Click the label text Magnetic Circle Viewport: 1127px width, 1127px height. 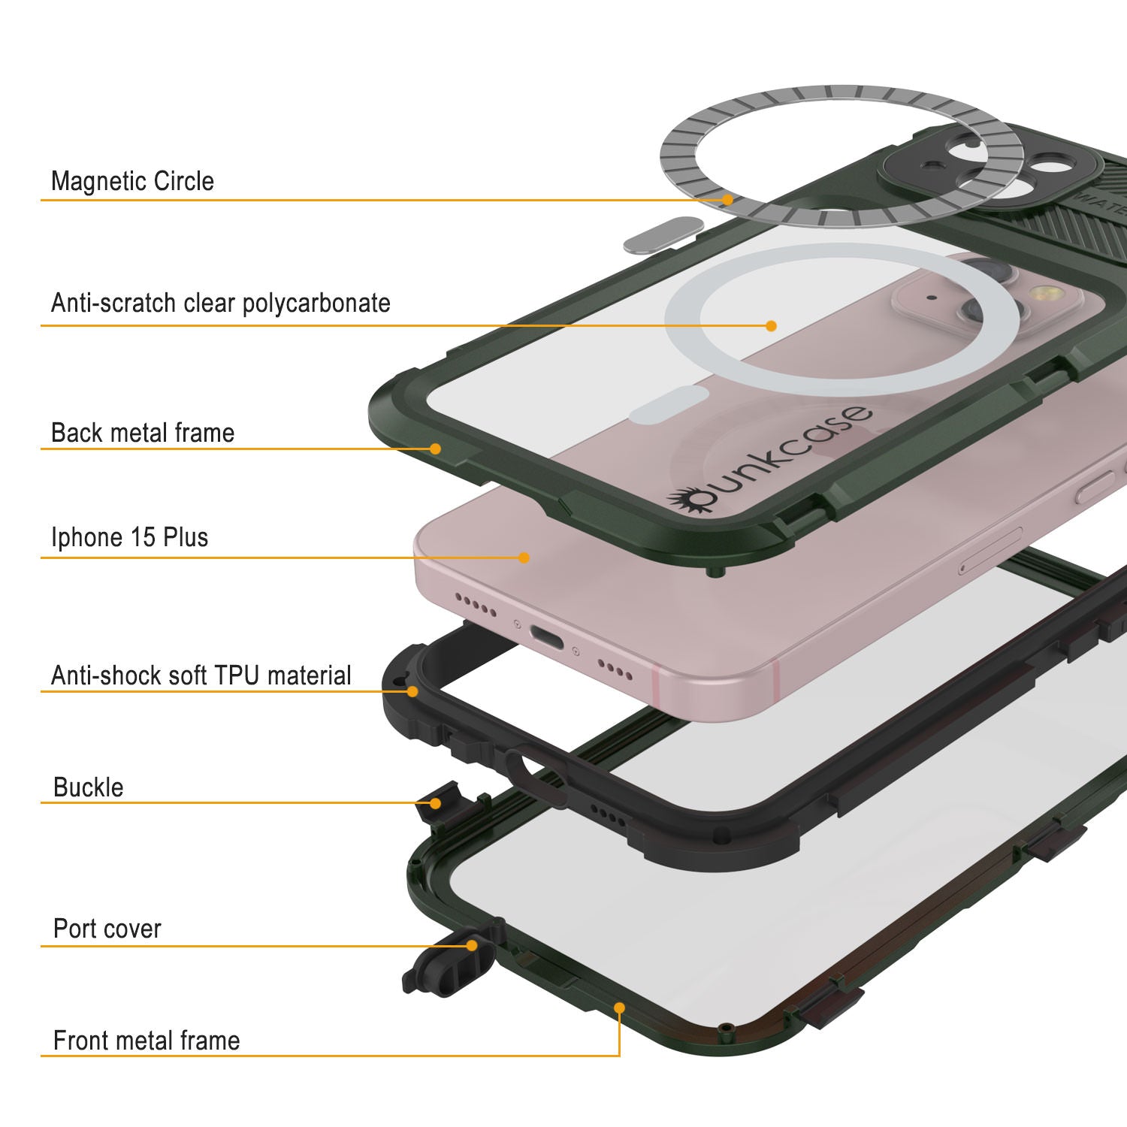(x=132, y=181)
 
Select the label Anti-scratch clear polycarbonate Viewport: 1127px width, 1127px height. (x=221, y=303)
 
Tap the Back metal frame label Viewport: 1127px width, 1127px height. (x=143, y=433)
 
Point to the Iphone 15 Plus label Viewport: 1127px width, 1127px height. (x=129, y=537)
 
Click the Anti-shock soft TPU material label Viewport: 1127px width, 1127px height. (x=201, y=675)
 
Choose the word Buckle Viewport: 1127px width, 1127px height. (x=89, y=787)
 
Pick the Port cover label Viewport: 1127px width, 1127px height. (x=107, y=929)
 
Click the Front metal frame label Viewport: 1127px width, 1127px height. (x=147, y=1041)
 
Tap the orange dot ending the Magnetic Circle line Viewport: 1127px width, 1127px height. (x=727, y=200)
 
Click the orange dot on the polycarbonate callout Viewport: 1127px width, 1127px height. (x=771, y=325)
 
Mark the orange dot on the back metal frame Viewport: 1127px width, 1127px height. (x=435, y=449)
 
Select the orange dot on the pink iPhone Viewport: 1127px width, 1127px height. (x=524, y=557)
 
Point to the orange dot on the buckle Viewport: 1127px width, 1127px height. (x=435, y=803)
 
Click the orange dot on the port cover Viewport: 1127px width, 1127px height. (x=472, y=945)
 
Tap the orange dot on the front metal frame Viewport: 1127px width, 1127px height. (x=619, y=1008)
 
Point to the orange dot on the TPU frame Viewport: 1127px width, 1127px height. (x=412, y=690)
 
